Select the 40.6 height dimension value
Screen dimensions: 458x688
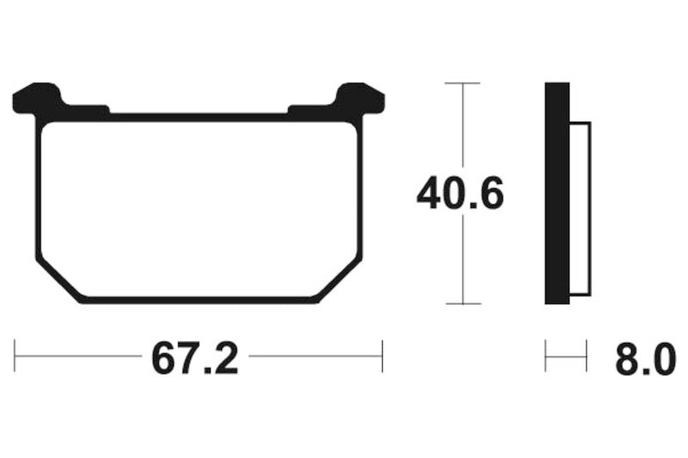[459, 194]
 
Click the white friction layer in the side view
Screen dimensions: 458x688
[580, 206]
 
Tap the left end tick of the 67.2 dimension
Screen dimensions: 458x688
[15, 355]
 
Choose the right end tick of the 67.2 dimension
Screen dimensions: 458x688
[382, 355]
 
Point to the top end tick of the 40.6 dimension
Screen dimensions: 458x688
[464, 83]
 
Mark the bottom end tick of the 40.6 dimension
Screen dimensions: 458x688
[464, 304]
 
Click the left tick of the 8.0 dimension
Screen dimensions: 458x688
[546, 355]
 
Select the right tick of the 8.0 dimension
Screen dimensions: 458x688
[587, 355]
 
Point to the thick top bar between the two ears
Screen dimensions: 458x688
[199, 115]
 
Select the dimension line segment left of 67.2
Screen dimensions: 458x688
[77, 355]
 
